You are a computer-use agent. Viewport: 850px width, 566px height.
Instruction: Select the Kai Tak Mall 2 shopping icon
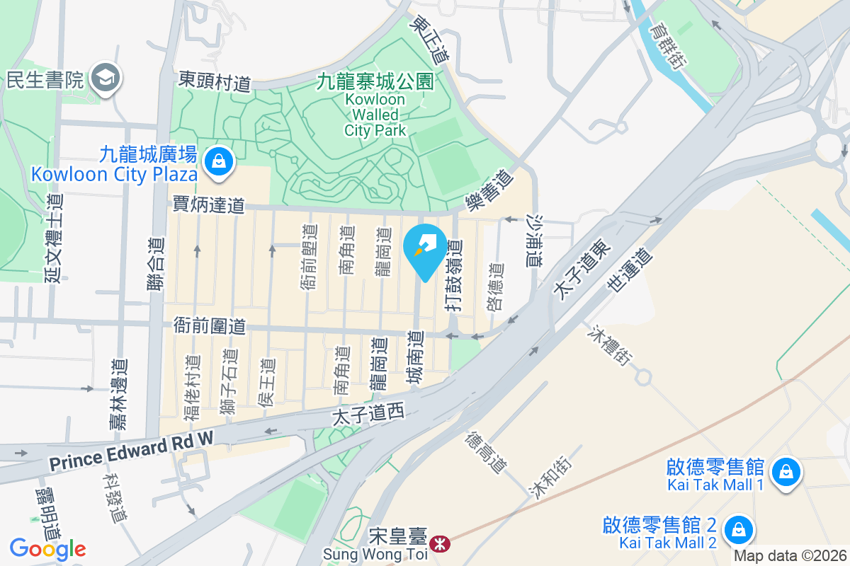point(738,529)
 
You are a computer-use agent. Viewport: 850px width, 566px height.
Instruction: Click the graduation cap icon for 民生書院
point(108,79)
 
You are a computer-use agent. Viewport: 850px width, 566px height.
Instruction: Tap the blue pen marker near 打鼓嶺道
point(424,248)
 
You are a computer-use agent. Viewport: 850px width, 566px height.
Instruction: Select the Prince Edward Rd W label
point(131,452)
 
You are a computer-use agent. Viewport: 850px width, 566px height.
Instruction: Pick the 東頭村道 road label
point(215,81)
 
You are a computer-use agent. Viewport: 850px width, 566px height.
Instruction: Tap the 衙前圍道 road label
point(210,326)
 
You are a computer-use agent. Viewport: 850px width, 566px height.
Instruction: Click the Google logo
point(47,548)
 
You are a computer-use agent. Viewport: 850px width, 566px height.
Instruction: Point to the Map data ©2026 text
point(790,556)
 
